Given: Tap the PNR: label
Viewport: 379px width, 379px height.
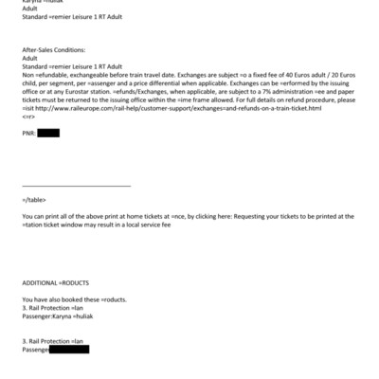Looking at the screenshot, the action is pos(28,134).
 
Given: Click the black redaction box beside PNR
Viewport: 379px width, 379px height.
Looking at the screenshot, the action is pos(48,134).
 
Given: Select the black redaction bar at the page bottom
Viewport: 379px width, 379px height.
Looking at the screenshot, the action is pos(67,350).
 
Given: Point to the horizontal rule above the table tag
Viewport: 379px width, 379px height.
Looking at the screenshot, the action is pos(76,186).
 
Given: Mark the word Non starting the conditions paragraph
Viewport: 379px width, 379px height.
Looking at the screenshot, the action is pos(27,75).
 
